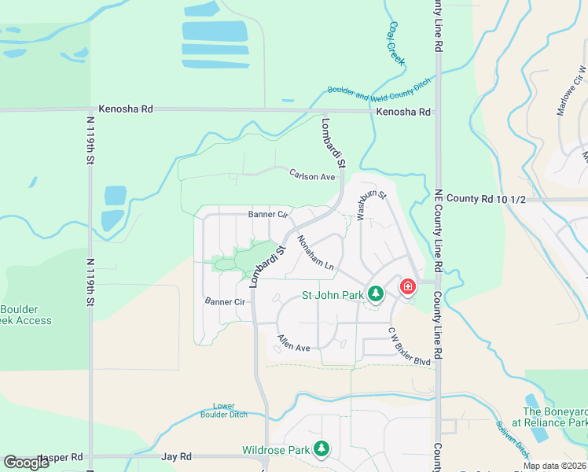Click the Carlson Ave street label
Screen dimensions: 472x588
[312, 176]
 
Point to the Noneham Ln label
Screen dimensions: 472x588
[315, 255]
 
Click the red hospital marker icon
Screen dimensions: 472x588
[408, 286]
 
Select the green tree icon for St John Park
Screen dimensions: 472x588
[376, 293]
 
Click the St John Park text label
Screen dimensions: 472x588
[333, 296]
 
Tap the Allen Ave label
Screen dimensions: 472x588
[292, 343]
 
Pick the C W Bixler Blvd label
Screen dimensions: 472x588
[409, 350]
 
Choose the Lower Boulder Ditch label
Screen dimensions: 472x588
[223, 409]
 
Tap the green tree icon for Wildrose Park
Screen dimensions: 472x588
[321, 449]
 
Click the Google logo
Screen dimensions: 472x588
[27, 462]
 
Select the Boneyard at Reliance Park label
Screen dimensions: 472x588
[555, 417]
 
